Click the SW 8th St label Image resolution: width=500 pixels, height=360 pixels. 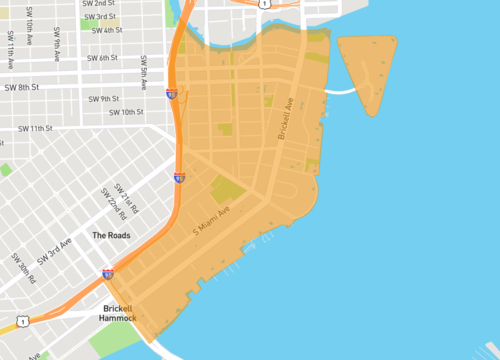(x=26, y=87)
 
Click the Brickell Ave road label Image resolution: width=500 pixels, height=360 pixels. (x=287, y=117)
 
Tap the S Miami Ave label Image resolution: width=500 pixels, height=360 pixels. (x=212, y=221)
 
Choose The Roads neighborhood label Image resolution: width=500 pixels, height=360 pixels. (x=112, y=235)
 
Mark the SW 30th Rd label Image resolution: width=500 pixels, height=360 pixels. (x=26, y=266)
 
